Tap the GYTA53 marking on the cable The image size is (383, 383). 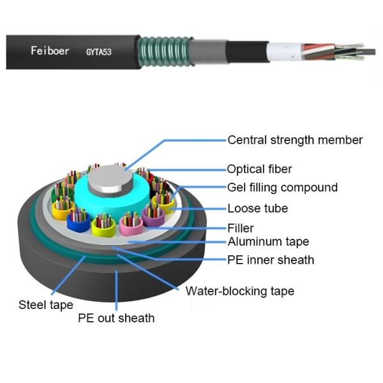click(99, 51)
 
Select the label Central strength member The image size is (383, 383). click(295, 140)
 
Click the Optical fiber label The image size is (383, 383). click(259, 169)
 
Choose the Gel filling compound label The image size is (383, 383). click(282, 188)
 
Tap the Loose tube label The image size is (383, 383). click(257, 208)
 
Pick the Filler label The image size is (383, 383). click(241, 228)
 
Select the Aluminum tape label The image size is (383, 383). click(268, 241)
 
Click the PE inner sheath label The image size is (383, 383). click(271, 260)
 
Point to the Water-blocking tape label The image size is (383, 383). click(239, 291)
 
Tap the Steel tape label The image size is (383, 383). click(46, 305)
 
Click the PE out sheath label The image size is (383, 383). click(116, 317)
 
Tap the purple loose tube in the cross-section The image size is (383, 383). click(153, 217)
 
